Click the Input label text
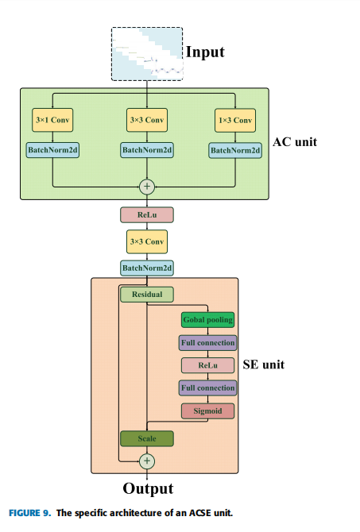click(x=206, y=52)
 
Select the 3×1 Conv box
click(x=52, y=120)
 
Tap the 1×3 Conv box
click(x=235, y=120)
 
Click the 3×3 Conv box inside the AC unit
click(x=147, y=120)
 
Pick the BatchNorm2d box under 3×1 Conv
click(x=52, y=149)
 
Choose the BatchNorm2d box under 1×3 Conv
click(x=235, y=150)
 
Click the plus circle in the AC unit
click(x=147, y=187)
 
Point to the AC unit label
click(x=295, y=142)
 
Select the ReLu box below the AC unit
click(x=147, y=214)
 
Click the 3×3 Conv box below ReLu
click(x=147, y=241)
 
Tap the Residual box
click(x=147, y=295)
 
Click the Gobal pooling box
click(x=208, y=320)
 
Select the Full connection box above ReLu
click(x=208, y=343)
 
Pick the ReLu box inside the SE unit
click(x=208, y=365)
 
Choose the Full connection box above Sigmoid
click(x=208, y=388)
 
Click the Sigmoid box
click(x=208, y=411)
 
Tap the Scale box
click(x=147, y=438)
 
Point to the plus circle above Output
click(x=147, y=461)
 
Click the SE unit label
click(x=263, y=364)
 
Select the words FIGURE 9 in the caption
click(x=29, y=513)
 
